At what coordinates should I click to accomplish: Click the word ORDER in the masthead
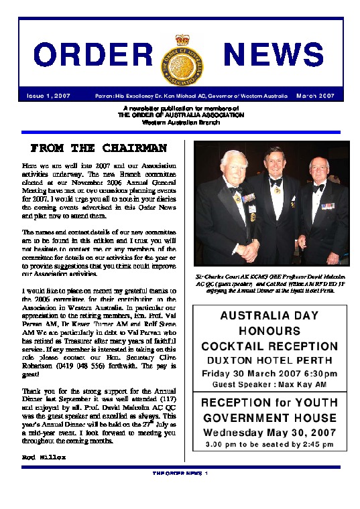(x=94, y=55)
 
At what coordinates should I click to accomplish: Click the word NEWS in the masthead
(x=273, y=55)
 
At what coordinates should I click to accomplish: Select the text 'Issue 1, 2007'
(x=48, y=96)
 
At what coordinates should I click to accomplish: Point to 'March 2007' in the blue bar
(x=318, y=96)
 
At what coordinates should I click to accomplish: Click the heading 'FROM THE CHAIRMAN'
(x=98, y=147)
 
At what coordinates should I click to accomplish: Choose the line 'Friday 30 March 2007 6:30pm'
(x=270, y=372)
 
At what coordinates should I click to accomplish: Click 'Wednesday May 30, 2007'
(x=270, y=433)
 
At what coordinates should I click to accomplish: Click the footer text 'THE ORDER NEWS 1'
(x=180, y=473)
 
